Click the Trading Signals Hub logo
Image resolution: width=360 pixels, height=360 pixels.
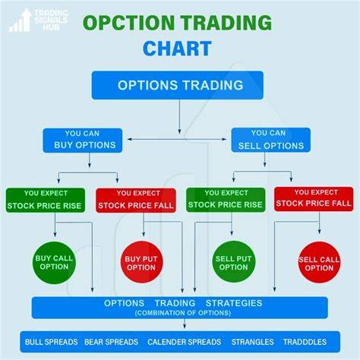pos(39,21)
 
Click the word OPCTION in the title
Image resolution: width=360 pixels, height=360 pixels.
pos(128,23)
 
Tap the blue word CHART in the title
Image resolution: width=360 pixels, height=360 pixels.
pos(177,49)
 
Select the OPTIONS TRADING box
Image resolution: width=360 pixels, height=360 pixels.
pos(178,85)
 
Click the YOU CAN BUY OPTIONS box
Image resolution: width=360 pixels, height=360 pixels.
pos(83,141)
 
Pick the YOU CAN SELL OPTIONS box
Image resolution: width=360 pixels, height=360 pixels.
pos(270,140)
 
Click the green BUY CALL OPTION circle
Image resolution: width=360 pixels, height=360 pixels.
pos(54,263)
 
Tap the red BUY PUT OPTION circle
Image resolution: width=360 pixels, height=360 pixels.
pos(141,262)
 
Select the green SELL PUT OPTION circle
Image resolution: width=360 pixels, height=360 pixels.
pos(233,262)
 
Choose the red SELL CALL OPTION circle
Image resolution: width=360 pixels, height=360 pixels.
pos(319,263)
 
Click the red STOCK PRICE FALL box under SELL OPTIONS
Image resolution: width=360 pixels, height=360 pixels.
pos(314,199)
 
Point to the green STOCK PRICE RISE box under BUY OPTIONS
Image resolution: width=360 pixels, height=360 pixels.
pos(46,200)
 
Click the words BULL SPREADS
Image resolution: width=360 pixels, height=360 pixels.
pos(51,342)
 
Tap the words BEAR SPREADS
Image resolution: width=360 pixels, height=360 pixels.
pos(111,342)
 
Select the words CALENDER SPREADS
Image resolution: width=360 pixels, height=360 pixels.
pos(185,342)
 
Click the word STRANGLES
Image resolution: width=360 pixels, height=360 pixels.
pos(252,342)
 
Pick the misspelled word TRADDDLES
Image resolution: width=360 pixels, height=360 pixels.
pos(305,342)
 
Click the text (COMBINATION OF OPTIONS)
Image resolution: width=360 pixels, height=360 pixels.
pos(183,313)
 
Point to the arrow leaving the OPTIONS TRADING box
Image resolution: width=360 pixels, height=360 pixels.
pos(179,116)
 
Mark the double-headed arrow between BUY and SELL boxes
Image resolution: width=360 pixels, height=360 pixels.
pos(177,139)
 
